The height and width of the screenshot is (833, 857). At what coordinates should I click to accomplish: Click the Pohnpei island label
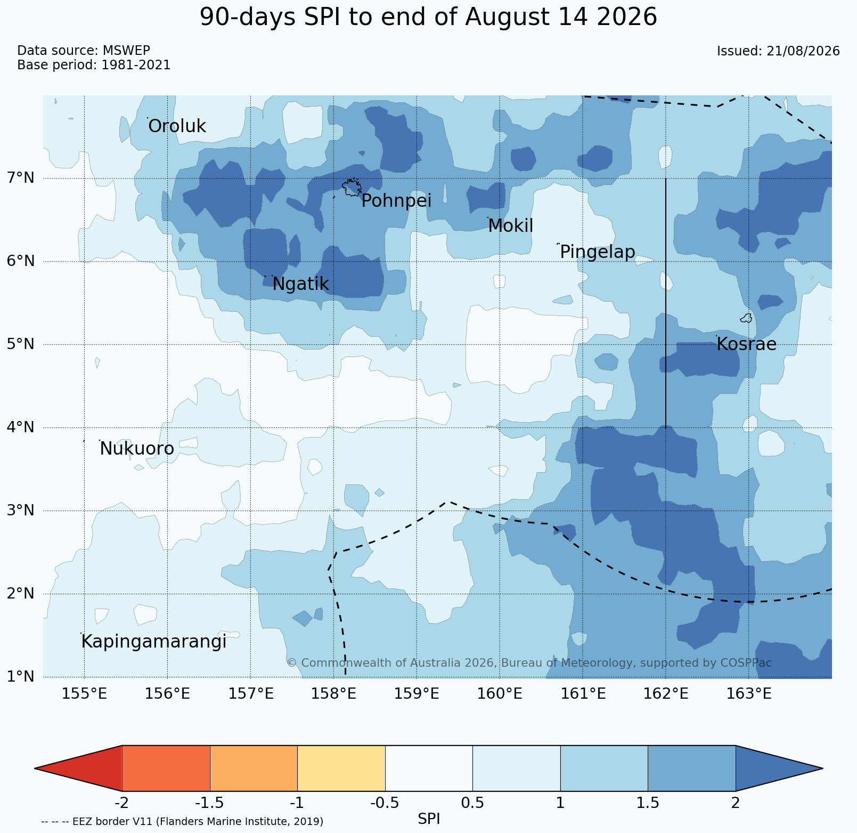(396, 201)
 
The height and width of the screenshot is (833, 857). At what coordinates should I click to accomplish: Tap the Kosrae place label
(746, 344)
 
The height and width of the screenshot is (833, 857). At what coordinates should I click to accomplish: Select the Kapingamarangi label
(154, 642)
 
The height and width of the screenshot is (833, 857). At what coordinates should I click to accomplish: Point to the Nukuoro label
(137, 449)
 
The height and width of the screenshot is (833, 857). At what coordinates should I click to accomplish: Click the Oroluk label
(177, 126)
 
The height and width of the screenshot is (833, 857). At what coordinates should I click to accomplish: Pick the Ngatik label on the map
(300, 284)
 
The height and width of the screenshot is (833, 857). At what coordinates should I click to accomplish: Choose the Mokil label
(510, 226)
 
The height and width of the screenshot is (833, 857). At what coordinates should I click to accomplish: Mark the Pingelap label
(598, 252)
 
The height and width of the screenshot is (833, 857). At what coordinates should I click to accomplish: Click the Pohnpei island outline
(352, 188)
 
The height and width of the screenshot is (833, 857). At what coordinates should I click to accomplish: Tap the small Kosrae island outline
(746, 318)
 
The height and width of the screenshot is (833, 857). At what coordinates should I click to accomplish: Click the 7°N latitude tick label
(22, 177)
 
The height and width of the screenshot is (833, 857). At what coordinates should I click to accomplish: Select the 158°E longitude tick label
(333, 694)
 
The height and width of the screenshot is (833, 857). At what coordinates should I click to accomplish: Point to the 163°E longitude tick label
(749, 694)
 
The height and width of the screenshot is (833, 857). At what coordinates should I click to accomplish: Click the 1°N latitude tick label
(22, 677)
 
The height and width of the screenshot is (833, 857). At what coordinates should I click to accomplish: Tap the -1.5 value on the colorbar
(210, 803)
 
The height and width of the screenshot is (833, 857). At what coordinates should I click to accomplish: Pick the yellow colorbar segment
(341, 768)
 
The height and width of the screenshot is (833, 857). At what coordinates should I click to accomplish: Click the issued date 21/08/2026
(803, 51)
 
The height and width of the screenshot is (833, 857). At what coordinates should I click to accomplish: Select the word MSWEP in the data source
(126, 51)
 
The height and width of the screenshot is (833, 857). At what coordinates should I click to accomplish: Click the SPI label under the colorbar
(429, 819)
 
